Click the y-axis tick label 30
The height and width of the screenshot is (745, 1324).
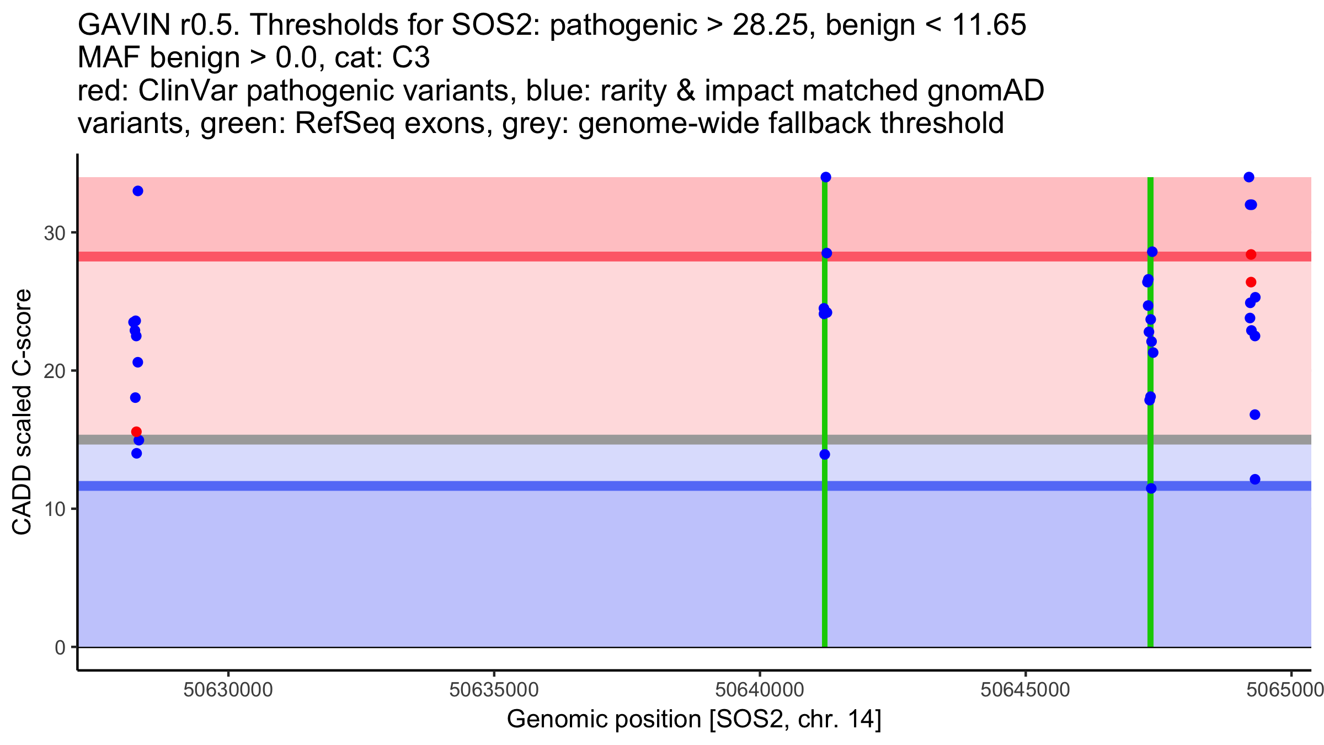click(55, 233)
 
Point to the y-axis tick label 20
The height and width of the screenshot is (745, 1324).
click(55, 371)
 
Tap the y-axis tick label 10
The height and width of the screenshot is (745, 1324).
click(55, 509)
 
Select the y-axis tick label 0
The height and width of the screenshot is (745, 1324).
click(60, 647)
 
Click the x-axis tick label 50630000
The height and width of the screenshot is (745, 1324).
click(228, 690)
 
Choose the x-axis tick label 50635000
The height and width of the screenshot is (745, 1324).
click(494, 690)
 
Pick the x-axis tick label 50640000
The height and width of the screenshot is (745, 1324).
click(760, 690)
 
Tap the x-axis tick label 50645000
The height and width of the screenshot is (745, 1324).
click(1026, 690)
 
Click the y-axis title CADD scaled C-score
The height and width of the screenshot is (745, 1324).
click(22, 412)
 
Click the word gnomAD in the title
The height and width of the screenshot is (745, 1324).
click(986, 91)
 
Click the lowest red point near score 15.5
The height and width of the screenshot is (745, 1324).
click(136, 432)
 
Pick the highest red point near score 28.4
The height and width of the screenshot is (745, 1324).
click(1251, 254)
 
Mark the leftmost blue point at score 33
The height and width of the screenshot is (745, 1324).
click(138, 191)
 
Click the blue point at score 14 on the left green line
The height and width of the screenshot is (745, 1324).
click(825, 454)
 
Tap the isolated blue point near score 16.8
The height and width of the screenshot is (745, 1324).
click(1255, 414)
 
